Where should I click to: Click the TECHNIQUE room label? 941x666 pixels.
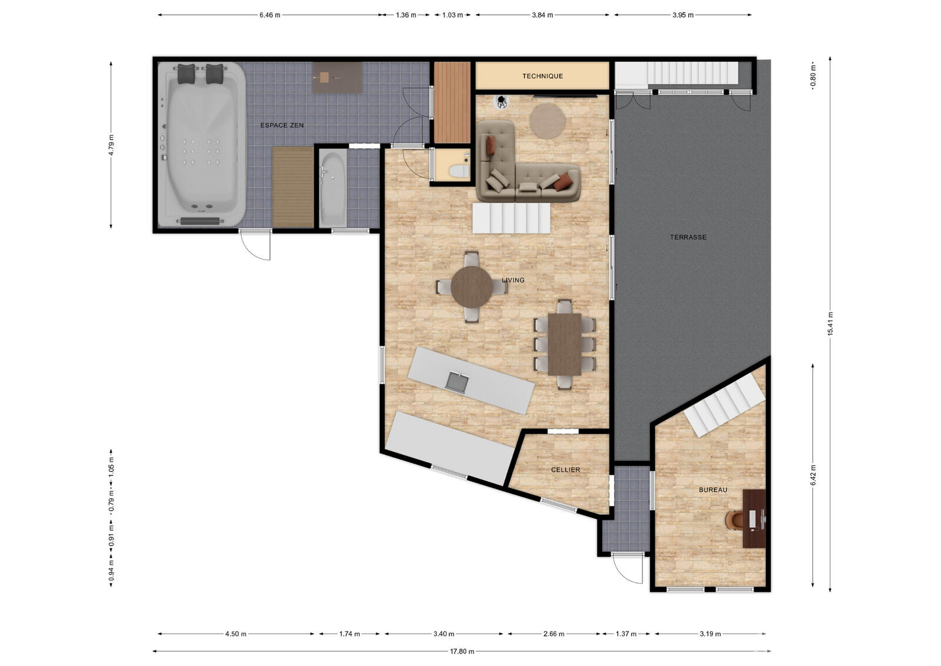pyautogui.click(x=542, y=76)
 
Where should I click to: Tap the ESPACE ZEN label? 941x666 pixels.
pyautogui.click(x=282, y=125)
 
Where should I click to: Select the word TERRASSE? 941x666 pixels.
pyautogui.click(x=688, y=237)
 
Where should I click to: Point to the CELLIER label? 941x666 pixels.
pyautogui.click(x=565, y=469)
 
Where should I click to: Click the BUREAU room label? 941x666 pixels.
pyautogui.click(x=713, y=490)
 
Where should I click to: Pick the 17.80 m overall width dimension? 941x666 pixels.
pyautogui.click(x=462, y=651)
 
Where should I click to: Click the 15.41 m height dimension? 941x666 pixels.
pyautogui.click(x=830, y=324)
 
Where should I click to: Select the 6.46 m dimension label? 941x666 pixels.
pyautogui.click(x=270, y=15)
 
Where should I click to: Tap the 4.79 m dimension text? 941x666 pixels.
pyautogui.click(x=111, y=145)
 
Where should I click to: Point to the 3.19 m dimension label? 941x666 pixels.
pyautogui.click(x=710, y=634)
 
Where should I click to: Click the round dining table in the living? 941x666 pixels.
pyautogui.click(x=472, y=287)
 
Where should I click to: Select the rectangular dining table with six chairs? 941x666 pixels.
pyautogui.click(x=565, y=344)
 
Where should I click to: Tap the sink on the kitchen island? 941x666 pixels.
pyautogui.click(x=457, y=381)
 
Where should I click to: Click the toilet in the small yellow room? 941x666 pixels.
pyautogui.click(x=459, y=171)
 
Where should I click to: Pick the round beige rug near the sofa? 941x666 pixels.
pyautogui.click(x=547, y=121)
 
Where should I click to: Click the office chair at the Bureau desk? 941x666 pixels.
pyautogui.click(x=734, y=520)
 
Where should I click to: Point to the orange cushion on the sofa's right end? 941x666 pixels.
pyautogui.click(x=563, y=182)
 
